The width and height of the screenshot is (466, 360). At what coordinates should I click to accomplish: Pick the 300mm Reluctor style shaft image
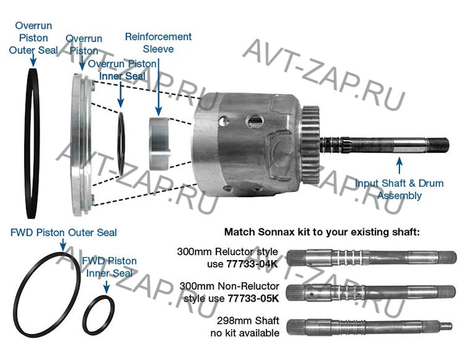tap(373, 257)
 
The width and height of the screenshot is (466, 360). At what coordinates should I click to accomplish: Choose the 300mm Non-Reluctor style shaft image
tap(373, 292)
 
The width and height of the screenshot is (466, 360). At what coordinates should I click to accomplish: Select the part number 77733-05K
tap(253, 298)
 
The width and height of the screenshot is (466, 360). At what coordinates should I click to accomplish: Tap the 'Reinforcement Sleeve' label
tap(158, 43)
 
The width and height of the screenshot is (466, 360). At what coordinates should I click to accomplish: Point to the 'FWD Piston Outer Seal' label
tap(63, 233)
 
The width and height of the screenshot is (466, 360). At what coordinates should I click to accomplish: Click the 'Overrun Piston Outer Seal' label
tap(33, 38)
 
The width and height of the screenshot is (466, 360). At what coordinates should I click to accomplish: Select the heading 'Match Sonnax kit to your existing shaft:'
tap(322, 232)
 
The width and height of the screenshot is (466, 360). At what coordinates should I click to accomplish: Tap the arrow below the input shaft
tap(399, 165)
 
